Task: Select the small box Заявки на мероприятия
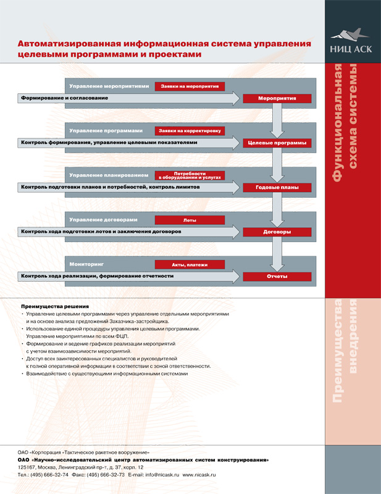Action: click(190, 86)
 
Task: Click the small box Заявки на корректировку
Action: click(190, 131)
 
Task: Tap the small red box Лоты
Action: click(190, 220)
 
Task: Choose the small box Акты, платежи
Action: click(190, 264)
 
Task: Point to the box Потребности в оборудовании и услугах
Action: click(190, 175)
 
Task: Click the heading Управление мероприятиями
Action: click(109, 86)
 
